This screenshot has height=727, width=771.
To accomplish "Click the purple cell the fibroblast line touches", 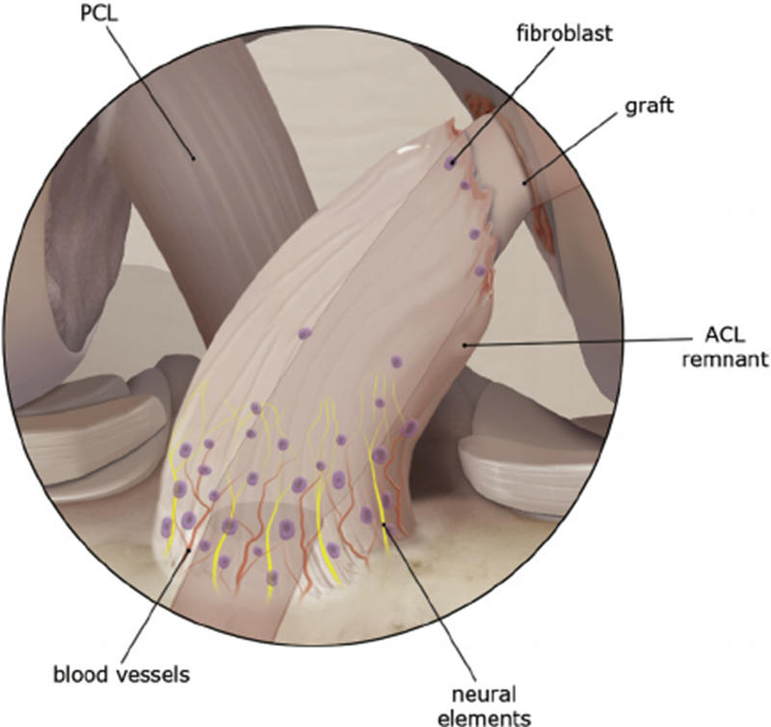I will coord(449,164).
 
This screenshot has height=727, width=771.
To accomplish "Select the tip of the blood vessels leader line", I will coord(190,548).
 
